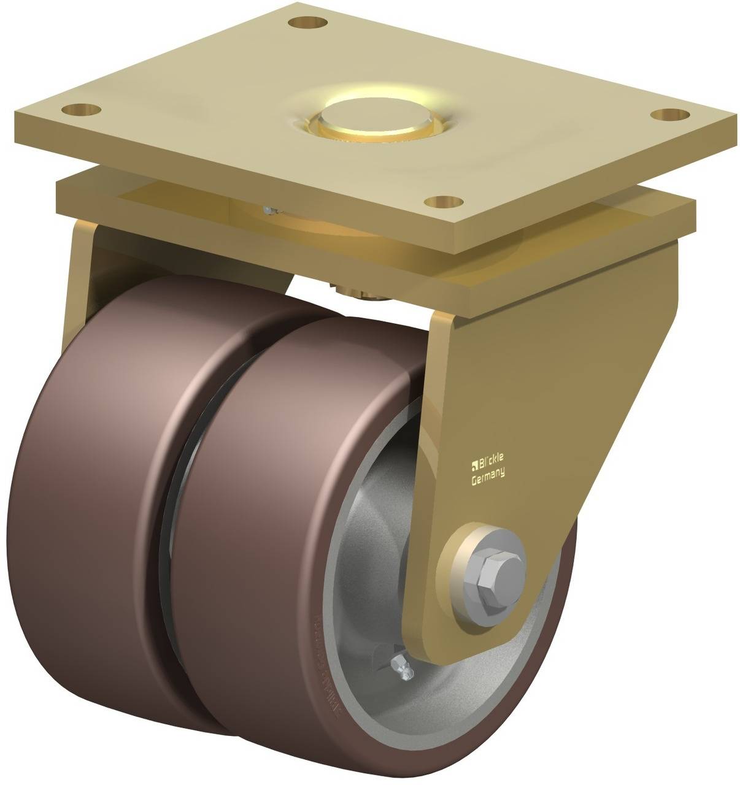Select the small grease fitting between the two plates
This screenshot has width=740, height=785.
268,210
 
